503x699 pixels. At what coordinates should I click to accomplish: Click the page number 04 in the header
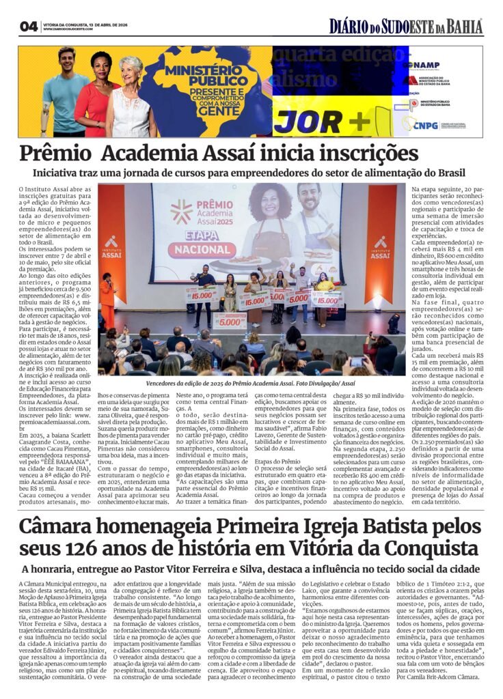pyautogui.click(x=29, y=27)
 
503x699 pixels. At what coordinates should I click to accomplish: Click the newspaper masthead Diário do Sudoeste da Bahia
pyautogui.click(x=406, y=27)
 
